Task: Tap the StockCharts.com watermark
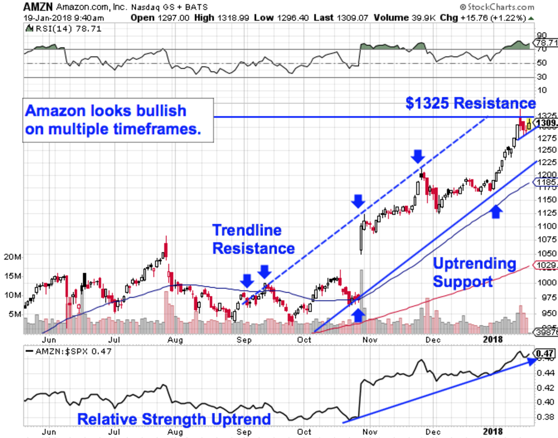click(x=497, y=7)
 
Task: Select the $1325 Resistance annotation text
click(x=470, y=103)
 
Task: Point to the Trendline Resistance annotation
click(x=253, y=239)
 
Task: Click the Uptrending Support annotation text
click(x=474, y=273)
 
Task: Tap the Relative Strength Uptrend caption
click(x=174, y=419)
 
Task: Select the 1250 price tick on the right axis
click(x=545, y=150)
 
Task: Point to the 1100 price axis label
click(x=545, y=226)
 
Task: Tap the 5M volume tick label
click(x=15, y=314)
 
